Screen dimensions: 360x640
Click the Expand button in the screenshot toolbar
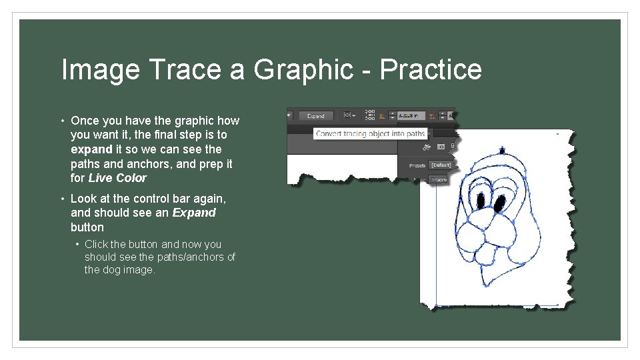(x=315, y=115)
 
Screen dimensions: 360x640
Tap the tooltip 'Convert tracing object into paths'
(x=370, y=133)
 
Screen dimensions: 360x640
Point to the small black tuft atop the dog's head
(x=503, y=151)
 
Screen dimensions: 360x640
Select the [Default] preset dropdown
(x=440, y=165)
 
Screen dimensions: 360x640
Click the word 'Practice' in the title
(x=431, y=70)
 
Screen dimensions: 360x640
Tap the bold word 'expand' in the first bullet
(x=91, y=149)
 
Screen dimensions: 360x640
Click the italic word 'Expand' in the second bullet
(x=194, y=213)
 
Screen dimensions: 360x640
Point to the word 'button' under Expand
(x=87, y=227)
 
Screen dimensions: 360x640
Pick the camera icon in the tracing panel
(x=441, y=147)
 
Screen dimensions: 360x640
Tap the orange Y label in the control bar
(x=432, y=115)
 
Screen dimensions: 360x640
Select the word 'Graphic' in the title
(x=311, y=70)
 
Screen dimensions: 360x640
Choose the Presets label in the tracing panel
(x=417, y=165)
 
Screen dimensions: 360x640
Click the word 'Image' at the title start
(x=100, y=70)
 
